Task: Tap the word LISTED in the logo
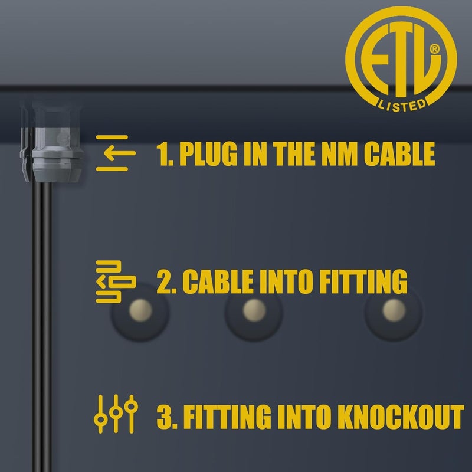[x=401, y=104]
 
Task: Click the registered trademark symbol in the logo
[x=435, y=50]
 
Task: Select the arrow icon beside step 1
[x=116, y=153]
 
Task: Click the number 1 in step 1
[x=164, y=153]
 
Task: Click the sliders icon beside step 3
[x=116, y=415]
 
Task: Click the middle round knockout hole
[x=254, y=310]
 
